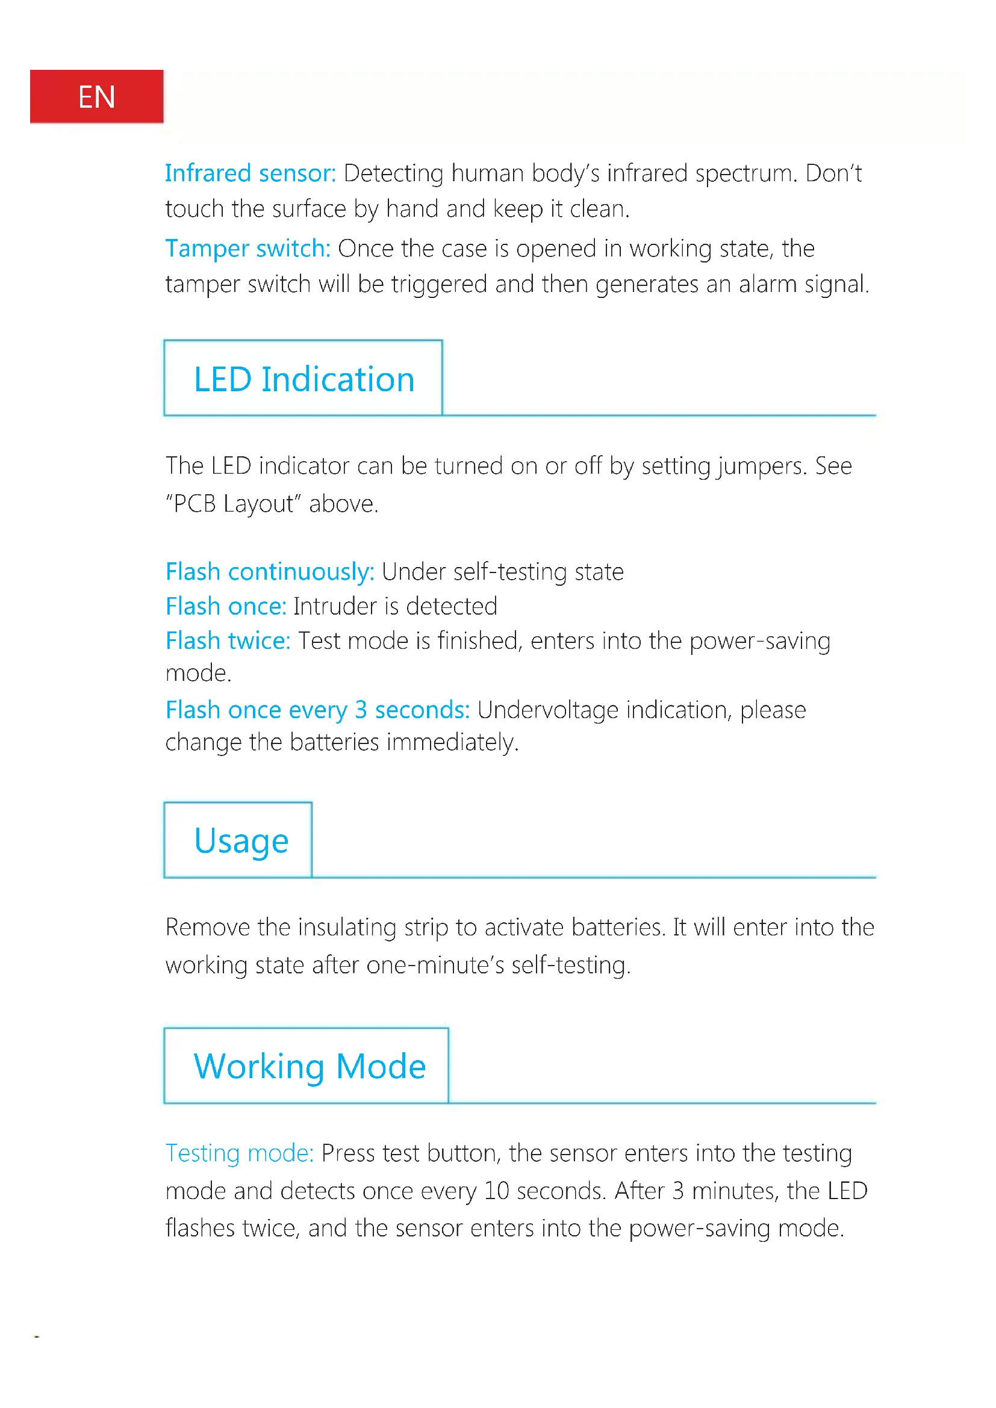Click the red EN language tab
[96, 96]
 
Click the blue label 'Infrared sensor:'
[251, 173]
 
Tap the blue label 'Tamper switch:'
[247, 249]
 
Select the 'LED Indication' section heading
[304, 379]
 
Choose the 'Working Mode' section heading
[310, 1067]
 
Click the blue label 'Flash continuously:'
[270, 572]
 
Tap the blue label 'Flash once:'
[226, 607]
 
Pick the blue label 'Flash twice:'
[228, 641]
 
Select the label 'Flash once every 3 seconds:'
[317, 710]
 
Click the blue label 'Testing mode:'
[239, 1153]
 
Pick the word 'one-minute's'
[435, 965]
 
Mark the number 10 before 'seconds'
[496, 1191]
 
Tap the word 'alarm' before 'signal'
[767, 285]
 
